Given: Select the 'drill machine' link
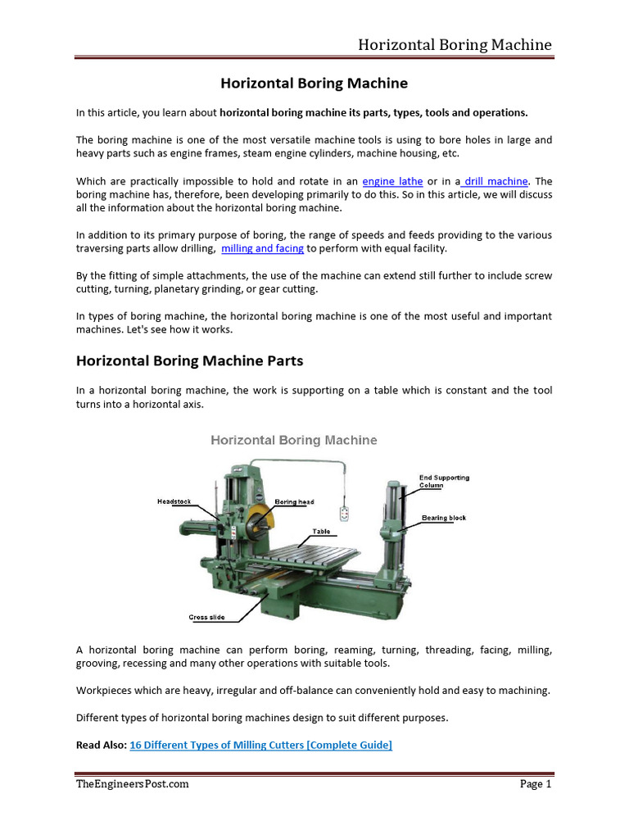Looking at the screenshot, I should (496, 181).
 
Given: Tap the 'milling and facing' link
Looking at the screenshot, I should (262, 248).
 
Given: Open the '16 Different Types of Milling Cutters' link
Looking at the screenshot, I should (260, 745).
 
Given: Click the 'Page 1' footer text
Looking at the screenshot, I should (536, 784).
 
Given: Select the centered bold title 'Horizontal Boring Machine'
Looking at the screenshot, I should (314, 84).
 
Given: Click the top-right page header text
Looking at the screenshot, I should (454, 44).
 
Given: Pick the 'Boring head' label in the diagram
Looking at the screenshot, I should (294, 501).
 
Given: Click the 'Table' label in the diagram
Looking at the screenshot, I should (321, 531).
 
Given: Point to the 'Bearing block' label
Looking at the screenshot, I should (444, 518).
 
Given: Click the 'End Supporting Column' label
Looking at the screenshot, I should (444, 481).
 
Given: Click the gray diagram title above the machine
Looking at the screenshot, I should (294, 440).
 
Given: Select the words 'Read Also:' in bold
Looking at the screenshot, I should (102, 745).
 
